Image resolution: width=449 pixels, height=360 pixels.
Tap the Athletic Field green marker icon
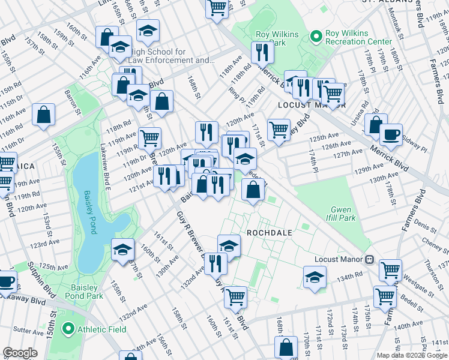coord(68,328)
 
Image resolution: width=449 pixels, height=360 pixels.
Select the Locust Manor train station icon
coord(370,260)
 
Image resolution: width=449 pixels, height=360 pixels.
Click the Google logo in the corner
coord(20,353)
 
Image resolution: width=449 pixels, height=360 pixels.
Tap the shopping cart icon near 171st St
coord(279,129)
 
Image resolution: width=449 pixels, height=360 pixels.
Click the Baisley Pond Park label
coord(88,292)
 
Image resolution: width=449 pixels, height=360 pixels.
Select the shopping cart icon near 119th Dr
coord(150,138)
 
